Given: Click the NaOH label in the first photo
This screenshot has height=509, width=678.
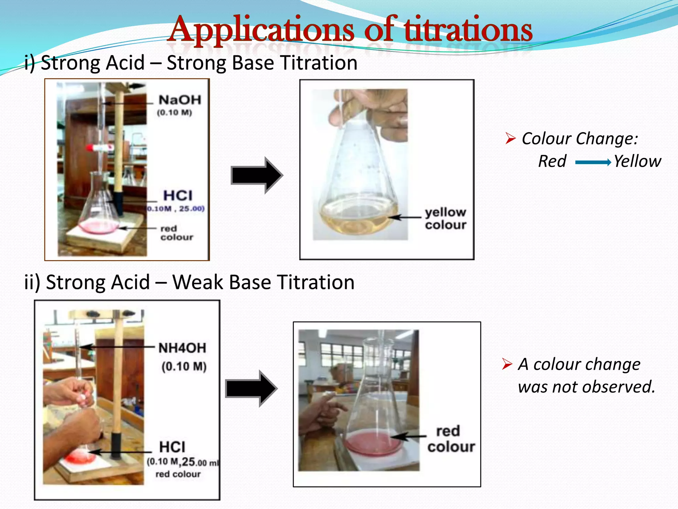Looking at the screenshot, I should [180, 100].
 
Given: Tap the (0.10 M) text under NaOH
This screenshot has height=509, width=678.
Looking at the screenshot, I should [174, 113].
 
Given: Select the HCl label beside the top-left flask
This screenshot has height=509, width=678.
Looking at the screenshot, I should [178, 196].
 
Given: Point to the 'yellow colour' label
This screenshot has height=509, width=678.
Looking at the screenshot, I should [446, 218].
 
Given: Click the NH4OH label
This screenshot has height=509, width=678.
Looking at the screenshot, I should [182, 348].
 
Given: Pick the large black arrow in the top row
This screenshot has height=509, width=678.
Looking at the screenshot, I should [257, 175].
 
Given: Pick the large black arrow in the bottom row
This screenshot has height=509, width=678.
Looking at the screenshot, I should [251, 388].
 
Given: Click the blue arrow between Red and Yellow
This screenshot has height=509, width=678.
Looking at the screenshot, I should [593, 162].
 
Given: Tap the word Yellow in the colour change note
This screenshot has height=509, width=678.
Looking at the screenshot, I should [637, 161].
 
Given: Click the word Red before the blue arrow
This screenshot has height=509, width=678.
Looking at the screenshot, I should [552, 161].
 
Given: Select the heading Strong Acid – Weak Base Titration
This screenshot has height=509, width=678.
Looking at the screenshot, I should [189, 282].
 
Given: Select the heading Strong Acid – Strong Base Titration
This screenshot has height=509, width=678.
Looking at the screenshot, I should [191, 63].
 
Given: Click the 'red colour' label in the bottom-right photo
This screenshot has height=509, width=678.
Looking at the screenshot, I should [450, 439].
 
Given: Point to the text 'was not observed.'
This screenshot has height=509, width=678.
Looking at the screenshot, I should [586, 387].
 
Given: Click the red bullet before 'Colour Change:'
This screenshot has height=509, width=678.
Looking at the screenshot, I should [510, 138].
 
